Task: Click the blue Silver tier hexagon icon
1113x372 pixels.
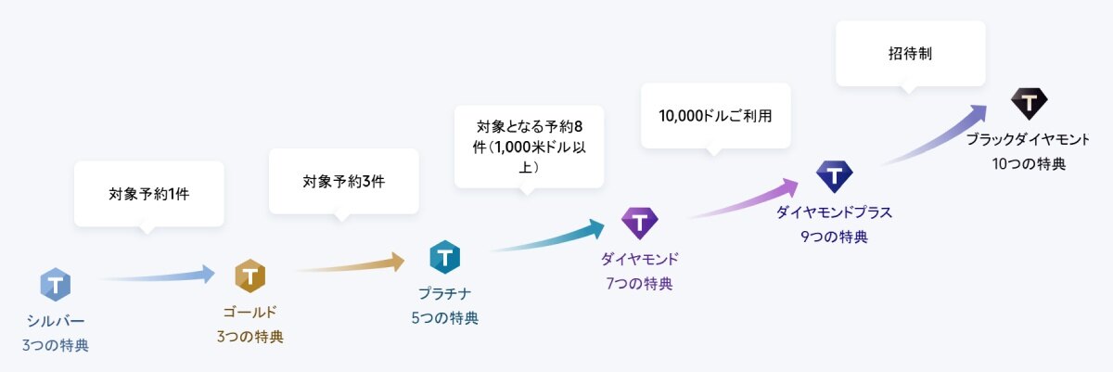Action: (55, 285)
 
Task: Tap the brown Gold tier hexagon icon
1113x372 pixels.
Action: (249, 276)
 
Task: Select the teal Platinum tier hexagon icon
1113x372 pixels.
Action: (444, 257)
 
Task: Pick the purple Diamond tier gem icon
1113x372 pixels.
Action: (639, 223)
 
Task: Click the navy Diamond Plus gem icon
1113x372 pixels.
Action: (834, 176)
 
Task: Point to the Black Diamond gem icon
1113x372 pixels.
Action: (1029, 103)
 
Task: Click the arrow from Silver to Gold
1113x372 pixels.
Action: (157, 276)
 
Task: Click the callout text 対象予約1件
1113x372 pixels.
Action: (149, 194)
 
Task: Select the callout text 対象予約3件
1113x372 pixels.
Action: (344, 181)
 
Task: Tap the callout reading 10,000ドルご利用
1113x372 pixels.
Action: (715, 116)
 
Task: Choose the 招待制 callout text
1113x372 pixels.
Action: (910, 53)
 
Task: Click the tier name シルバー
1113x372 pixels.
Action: (55, 321)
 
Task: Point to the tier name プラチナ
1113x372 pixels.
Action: (444, 293)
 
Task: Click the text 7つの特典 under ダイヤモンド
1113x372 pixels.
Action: (639, 284)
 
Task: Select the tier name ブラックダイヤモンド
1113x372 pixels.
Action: (1028, 139)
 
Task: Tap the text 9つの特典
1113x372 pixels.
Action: (834, 237)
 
